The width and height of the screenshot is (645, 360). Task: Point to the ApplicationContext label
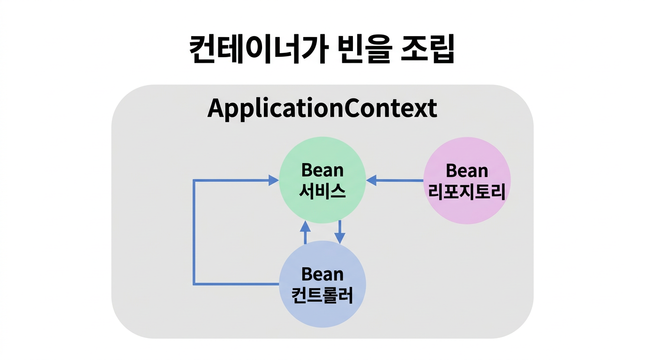point(322,109)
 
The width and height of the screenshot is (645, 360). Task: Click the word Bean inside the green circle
point(322,170)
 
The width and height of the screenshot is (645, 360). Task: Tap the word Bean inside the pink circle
point(467,171)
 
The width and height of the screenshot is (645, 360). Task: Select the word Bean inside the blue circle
point(322,274)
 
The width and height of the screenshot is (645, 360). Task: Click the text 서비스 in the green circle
point(322,191)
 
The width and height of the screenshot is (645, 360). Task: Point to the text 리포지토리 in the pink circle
point(467,192)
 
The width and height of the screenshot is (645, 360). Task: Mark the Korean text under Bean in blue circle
point(322,296)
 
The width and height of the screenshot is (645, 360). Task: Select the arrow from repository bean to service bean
point(396,180)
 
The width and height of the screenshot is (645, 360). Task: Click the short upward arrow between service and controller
point(305,232)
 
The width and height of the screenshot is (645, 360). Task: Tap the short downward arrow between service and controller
point(340,232)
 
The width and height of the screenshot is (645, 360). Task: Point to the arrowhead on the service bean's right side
point(372,180)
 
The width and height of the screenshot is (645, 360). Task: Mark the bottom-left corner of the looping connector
point(194,284)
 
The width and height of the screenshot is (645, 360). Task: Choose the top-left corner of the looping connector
point(194,180)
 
